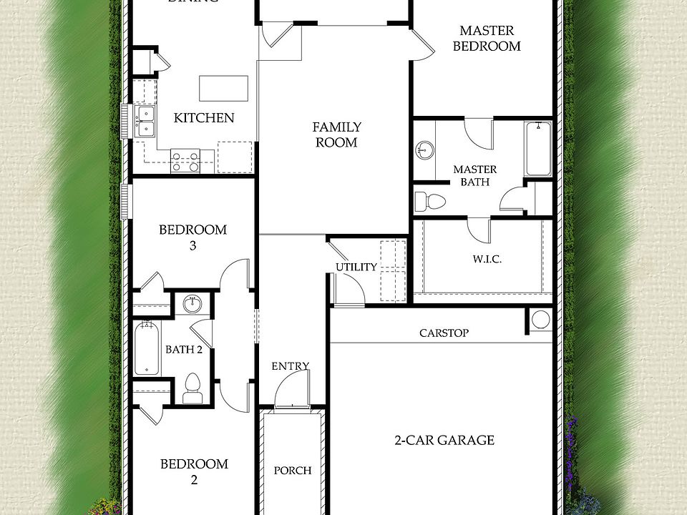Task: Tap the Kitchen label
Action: [204, 118]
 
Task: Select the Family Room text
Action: [336, 134]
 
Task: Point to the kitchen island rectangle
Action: [223, 89]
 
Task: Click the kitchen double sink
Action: [145, 121]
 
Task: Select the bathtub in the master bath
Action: [538, 149]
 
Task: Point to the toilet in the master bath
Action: [428, 200]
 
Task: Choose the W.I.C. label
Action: [487, 259]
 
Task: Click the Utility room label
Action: [356, 267]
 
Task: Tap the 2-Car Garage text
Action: [445, 440]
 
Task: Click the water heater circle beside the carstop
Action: [541, 319]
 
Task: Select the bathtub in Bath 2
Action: [147, 349]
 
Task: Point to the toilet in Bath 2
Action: [191, 388]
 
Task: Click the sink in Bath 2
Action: [192, 303]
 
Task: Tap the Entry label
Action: [290, 366]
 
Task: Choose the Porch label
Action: [293, 470]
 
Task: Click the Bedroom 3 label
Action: [193, 237]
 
